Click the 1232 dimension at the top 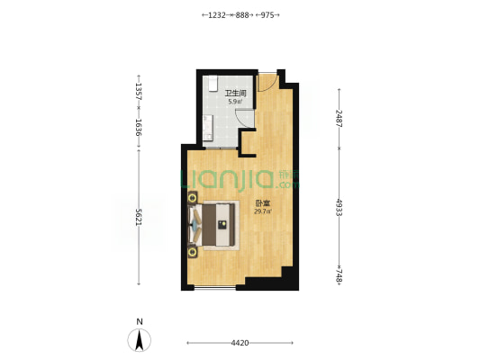pyautogui.click(x=217, y=15)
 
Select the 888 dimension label pyautogui.click(x=242, y=15)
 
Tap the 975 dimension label pyautogui.click(x=267, y=15)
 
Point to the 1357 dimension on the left pyautogui.click(x=139, y=91)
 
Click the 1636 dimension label pyautogui.click(x=139, y=128)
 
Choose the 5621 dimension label pyautogui.click(x=139, y=217)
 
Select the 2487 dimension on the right pyautogui.click(x=339, y=119)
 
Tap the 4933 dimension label pyautogui.click(x=339, y=207)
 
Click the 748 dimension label pyautogui.click(x=339, y=275)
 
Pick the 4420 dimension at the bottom pyautogui.click(x=240, y=343)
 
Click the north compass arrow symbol pyautogui.click(x=140, y=340)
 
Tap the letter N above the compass pyautogui.click(x=140, y=321)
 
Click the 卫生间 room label pyautogui.click(x=235, y=94)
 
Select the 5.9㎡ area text pyautogui.click(x=235, y=102)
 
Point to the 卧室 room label pyautogui.click(x=263, y=203)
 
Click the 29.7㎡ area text pyautogui.click(x=263, y=211)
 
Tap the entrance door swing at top pyautogui.click(x=267, y=82)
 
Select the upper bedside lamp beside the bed pyautogui.click(x=193, y=198)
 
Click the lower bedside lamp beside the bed pyautogui.click(x=193, y=252)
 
